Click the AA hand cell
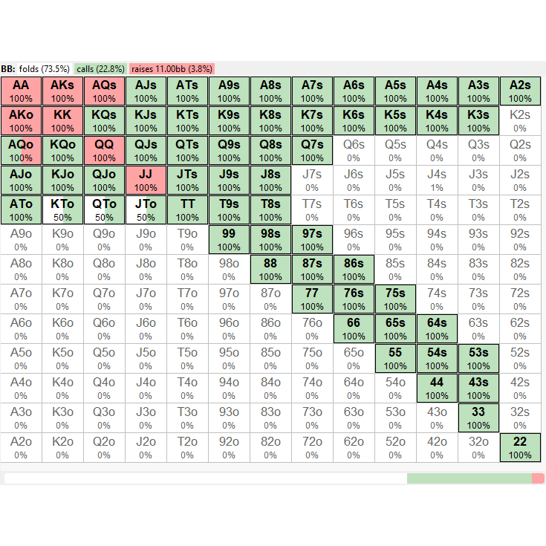click(x=21, y=91)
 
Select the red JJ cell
click(x=146, y=180)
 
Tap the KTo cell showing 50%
click(x=62, y=209)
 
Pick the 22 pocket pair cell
click(x=520, y=447)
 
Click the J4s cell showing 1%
click(x=437, y=180)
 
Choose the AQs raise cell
click(x=104, y=91)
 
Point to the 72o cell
click(x=312, y=447)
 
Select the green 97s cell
click(x=312, y=239)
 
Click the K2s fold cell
click(x=520, y=120)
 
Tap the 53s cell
click(x=478, y=358)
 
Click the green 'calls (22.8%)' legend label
click(x=100, y=69)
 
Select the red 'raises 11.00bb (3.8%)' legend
click(x=172, y=69)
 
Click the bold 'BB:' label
click(x=8, y=69)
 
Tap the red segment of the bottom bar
click(x=538, y=478)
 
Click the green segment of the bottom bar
click(x=469, y=478)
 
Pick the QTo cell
click(x=104, y=209)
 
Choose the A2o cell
click(x=21, y=447)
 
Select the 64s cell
click(x=437, y=328)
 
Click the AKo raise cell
click(x=21, y=120)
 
